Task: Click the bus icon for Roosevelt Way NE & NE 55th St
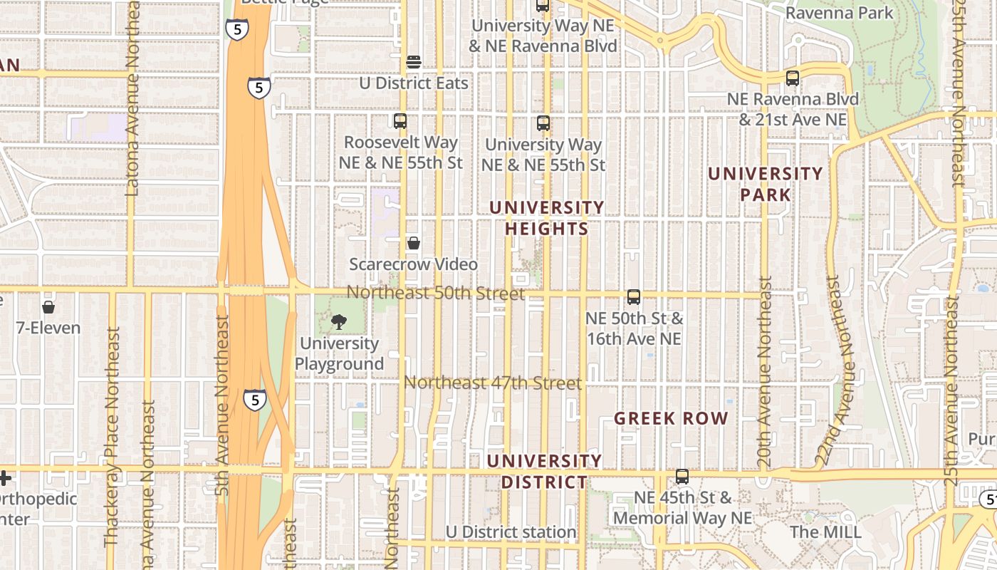[x=400, y=121]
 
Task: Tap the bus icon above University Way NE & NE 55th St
[x=543, y=123]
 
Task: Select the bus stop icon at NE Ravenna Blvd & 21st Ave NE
[x=793, y=78]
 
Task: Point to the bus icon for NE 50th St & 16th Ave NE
[x=634, y=297]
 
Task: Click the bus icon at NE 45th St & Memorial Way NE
[x=682, y=477]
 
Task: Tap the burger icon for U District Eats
[x=414, y=62]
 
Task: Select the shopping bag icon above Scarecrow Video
[x=413, y=244]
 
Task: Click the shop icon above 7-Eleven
[x=48, y=307]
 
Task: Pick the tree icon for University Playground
[x=339, y=322]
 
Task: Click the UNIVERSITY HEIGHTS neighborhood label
[x=547, y=218]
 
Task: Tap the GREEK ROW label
[x=671, y=418]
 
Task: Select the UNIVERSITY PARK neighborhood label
[x=765, y=184]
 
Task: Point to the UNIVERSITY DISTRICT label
[x=545, y=472]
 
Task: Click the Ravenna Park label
[x=839, y=13]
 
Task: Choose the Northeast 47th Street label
[x=493, y=383]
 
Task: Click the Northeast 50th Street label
[x=436, y=293]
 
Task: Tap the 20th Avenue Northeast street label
[x=765, y=372]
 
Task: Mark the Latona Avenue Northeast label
[x=132, y=100]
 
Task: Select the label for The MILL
[x=825, y=532]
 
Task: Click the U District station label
[x=511, y=532]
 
